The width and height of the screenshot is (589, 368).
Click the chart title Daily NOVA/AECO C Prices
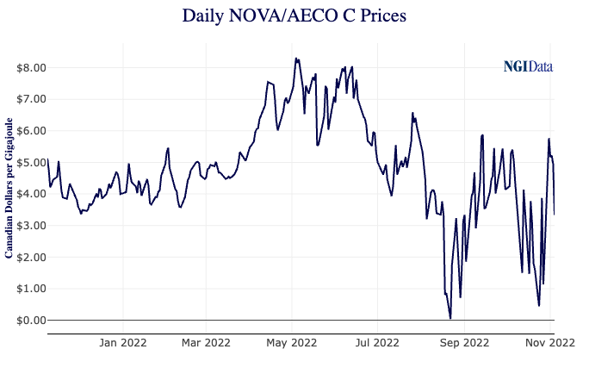(x=294, y=16)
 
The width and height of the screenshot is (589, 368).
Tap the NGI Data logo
(x=528, y=66)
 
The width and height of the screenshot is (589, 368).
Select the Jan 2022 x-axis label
(x=123, y=342)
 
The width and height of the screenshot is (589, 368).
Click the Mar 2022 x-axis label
(x=206, y=342)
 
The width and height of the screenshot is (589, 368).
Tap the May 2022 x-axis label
(x=292, y=342)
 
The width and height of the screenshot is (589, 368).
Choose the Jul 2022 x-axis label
(x=378, y=342)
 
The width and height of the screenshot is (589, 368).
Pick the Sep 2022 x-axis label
(x=465, y=342)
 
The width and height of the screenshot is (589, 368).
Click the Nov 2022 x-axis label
(x=550, y=342)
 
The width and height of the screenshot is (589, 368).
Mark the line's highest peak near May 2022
(x=295, y=59)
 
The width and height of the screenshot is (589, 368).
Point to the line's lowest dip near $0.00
(x=450, y=319)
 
